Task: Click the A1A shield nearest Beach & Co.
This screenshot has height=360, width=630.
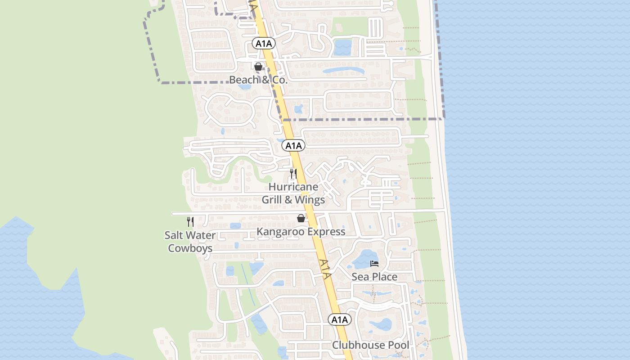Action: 263,43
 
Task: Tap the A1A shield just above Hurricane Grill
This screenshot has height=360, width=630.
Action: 293,145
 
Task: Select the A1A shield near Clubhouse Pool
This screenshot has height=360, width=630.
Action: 339,319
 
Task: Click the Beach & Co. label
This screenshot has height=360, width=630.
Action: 258,80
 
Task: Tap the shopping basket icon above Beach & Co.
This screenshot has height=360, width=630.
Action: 258,67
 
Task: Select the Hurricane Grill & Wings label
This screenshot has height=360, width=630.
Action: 293,193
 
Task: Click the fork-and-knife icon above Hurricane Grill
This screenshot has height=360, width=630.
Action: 293,173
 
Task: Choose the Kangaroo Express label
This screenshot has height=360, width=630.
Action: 301,231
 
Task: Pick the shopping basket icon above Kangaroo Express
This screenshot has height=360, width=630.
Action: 301,218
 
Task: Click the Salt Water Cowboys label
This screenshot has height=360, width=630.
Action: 190,241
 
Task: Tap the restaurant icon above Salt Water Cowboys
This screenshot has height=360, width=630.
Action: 190,221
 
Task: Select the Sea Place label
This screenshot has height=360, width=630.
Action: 374,276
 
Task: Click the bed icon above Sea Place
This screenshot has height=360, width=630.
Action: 374,263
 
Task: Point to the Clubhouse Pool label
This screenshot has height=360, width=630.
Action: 371,345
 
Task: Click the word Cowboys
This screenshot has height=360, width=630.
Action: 190,248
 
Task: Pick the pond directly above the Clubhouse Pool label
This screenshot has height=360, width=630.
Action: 381,324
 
